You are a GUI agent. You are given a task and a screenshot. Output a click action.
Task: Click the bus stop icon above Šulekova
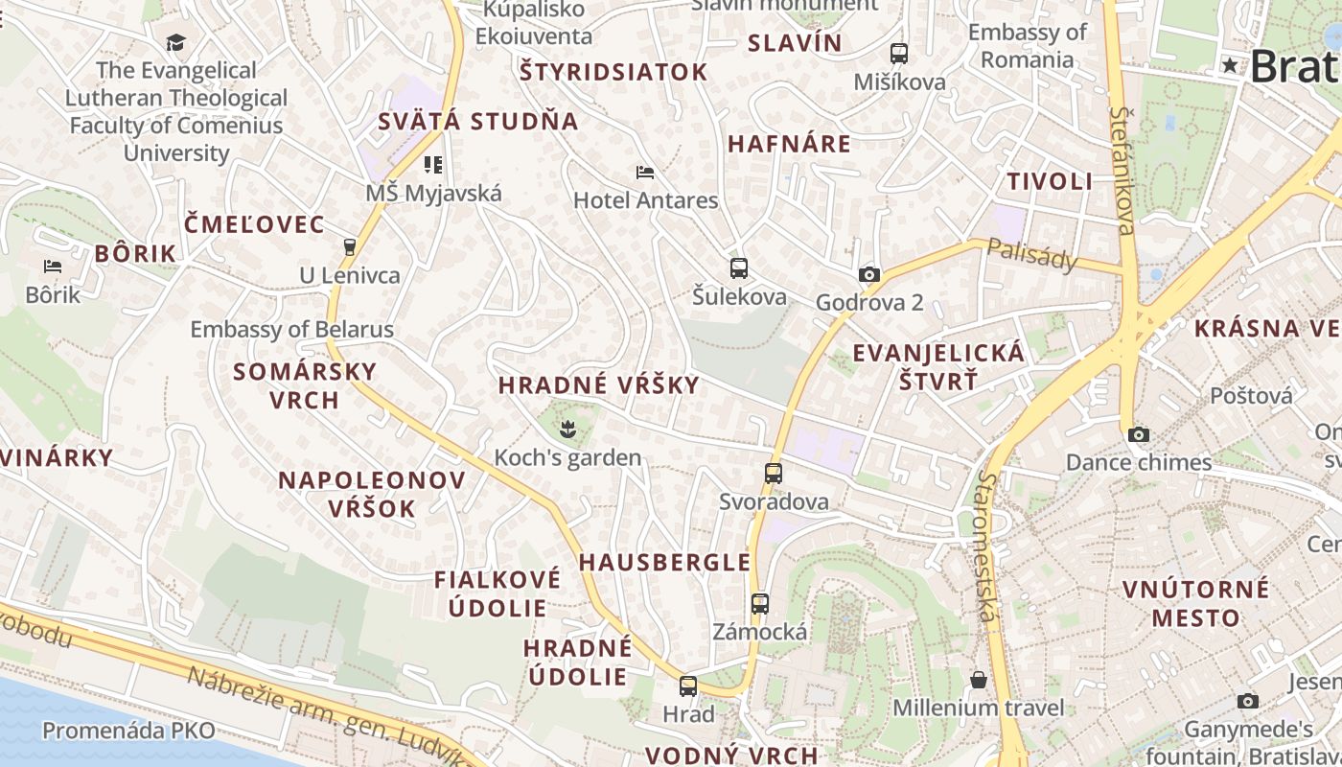click(x=738, y=268)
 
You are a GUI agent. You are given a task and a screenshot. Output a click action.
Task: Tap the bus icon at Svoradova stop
click(x=774, y=473)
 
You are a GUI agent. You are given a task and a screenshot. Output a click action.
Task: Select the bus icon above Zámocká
click(x=760, y=604)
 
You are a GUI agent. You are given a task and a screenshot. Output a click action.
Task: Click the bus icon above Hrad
click(x=688, y=686)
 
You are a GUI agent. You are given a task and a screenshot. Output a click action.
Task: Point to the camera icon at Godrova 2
click(x=869, y=275)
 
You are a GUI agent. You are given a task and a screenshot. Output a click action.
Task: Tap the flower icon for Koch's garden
click(x=568, y=429)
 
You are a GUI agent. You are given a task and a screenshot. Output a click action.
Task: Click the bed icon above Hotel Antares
click(x=645, y=173)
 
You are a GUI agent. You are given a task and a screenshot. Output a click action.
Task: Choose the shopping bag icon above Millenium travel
click(x=979, y=680)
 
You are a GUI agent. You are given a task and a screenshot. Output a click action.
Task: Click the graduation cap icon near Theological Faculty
click(x=175, y=42)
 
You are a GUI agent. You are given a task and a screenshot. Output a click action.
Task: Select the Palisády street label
click(x=1032, y=254)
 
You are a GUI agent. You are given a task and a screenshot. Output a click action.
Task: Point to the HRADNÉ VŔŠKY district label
click(x=599, y=385)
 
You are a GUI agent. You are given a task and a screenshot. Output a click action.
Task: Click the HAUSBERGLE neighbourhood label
click(x=664, y=562)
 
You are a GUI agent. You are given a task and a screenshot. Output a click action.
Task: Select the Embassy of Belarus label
click(x=291, y=330)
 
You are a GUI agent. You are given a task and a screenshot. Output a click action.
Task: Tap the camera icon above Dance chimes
click(x=1139, y=434)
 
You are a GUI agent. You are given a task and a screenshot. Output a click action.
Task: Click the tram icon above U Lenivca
click(x=349, y=246)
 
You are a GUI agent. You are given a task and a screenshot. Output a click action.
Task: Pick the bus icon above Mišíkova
click(x=898, y=54)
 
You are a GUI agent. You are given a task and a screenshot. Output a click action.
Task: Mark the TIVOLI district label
click(x=1050, y=181)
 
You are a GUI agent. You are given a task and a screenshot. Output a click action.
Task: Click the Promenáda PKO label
click(x=128, y=731)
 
